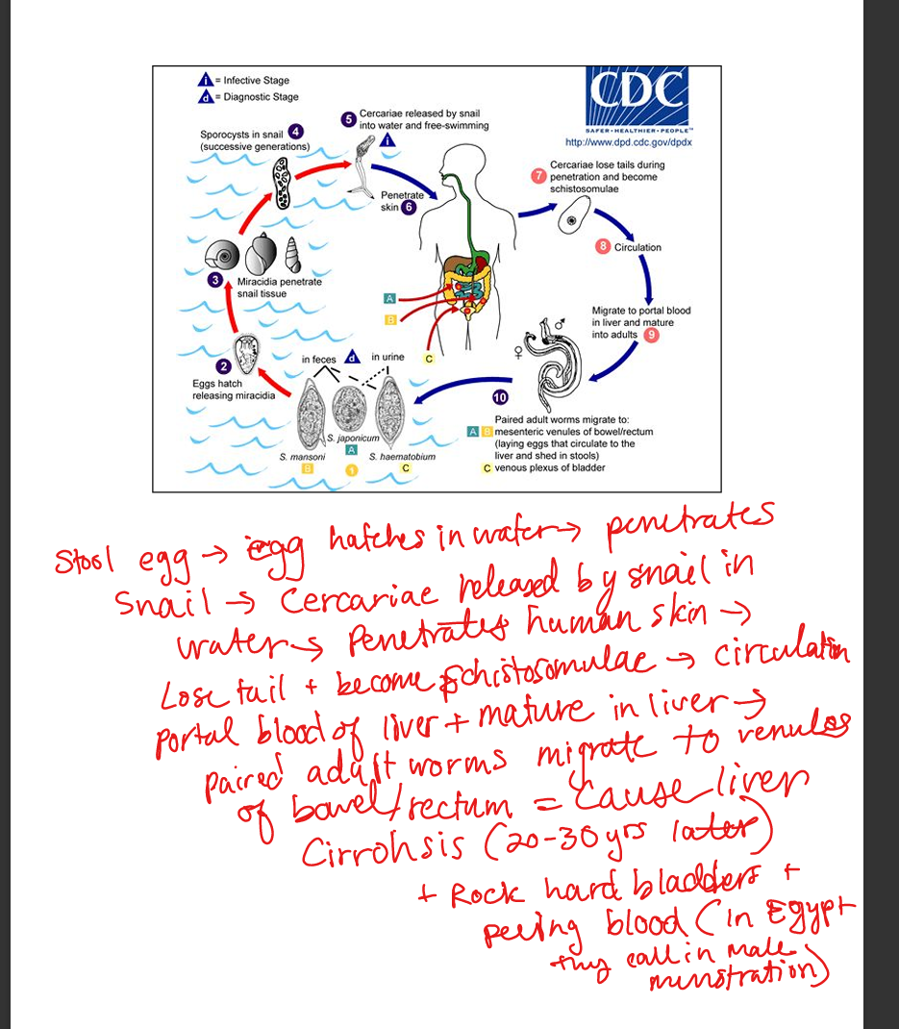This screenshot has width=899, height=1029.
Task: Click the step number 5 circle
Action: click(x=348, y=119)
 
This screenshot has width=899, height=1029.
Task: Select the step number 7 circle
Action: click(x=539, y=176)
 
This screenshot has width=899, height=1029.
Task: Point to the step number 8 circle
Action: click(x=603, y=247)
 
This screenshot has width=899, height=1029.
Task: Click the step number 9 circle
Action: click(x=651, y=335)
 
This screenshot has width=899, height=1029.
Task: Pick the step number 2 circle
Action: click(x=223, y=366)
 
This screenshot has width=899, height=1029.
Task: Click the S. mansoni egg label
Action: click(x=303, y=456)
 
